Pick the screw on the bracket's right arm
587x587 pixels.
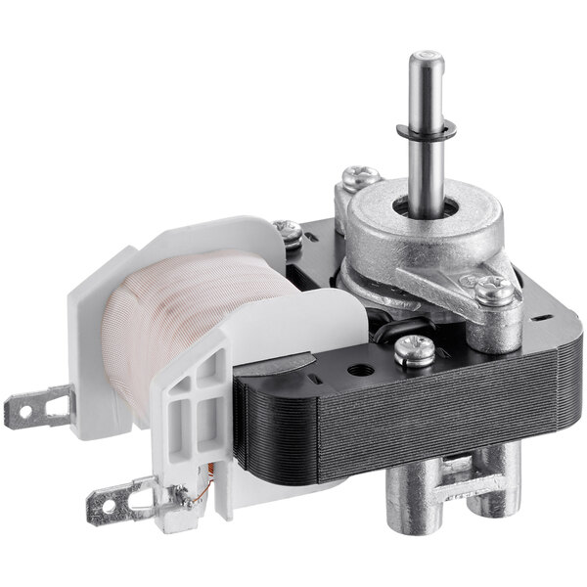click(493, 288)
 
